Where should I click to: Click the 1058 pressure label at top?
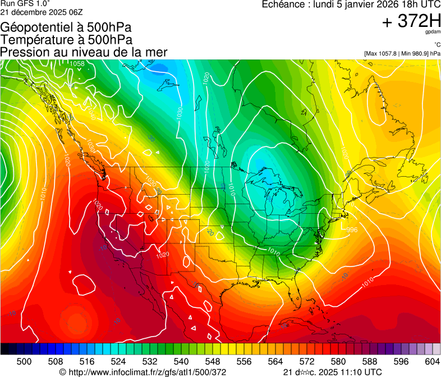[77, 64]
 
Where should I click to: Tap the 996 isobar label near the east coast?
[352, 230]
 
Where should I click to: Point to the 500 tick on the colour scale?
[24, 361]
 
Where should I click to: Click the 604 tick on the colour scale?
[432, 361]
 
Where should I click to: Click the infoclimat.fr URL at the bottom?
[143, 372]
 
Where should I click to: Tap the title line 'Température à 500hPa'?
[66, 40]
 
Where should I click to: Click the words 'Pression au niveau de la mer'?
[84, 52]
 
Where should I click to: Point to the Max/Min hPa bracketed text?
[402, 53]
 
